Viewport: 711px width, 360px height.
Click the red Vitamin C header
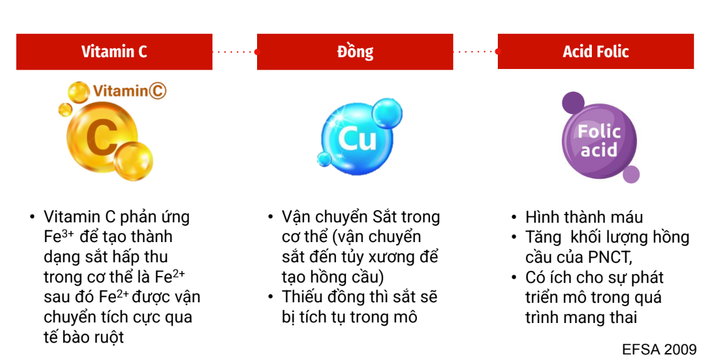[114, 51]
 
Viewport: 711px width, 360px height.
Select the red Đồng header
[355, 51]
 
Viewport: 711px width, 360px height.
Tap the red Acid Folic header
[596, 51]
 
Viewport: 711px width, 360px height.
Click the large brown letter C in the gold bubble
[101, 136]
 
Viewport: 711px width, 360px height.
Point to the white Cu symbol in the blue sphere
[357, 139]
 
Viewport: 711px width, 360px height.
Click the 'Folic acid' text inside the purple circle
[599, 140]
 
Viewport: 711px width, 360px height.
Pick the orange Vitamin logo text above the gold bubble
[130, 91]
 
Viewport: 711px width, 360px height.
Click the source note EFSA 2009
[659, 349]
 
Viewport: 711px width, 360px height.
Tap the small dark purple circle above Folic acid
[573, 102]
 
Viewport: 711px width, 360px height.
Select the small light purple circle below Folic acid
[631, 174]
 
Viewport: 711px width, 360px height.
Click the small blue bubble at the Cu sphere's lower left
[324, 159]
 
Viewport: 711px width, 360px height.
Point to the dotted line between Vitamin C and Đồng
[235, 51]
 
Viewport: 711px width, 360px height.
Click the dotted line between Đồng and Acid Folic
[476, 51]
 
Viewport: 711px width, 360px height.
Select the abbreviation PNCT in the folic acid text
[610, 257]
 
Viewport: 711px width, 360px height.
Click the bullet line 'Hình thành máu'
[584, 217]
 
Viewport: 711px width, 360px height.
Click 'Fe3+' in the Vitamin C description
[58, 236]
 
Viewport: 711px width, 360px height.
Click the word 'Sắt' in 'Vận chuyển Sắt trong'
[385, 217]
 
